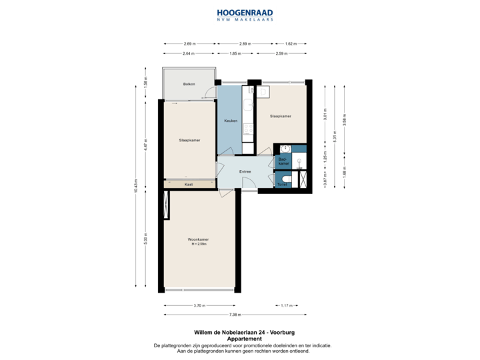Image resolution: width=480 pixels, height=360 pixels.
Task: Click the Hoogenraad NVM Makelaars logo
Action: coord(244,15)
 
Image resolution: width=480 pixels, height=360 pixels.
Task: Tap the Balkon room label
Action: coord(189,84)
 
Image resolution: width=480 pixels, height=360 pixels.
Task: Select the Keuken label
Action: coord(231,121)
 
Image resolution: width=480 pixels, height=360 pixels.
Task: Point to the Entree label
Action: coord(245,171)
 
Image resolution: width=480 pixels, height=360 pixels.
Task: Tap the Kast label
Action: coord(189,184)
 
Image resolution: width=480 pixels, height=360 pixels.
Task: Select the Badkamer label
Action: coord(282,161)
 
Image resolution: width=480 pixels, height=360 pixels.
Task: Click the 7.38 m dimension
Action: coord(235,313)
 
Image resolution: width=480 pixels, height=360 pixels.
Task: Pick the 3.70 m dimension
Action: coord(199,305)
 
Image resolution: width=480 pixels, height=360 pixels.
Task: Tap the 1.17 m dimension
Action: coord(286,305)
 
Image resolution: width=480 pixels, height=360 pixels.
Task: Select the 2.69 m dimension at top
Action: coord(189,44)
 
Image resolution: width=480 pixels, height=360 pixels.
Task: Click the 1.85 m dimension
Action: coord(235,53)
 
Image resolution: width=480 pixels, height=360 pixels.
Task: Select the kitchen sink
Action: coord(247,104)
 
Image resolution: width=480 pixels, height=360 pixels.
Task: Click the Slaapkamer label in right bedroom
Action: coord(280,116)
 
